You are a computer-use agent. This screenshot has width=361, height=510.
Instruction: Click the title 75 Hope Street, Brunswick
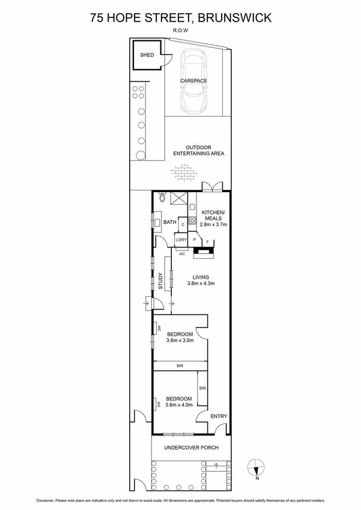click(180, 17)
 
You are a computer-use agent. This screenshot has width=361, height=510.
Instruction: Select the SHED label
click(147, 55)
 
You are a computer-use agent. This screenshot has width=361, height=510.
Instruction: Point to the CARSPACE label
click(193, 80)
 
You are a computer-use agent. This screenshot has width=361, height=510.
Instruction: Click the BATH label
click(169, 223)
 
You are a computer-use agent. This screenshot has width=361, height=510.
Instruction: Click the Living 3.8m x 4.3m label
click(201, 280)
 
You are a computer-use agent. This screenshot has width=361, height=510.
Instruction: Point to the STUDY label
click(161, 282)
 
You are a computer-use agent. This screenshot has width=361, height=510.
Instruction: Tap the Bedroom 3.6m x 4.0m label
click(180, 402)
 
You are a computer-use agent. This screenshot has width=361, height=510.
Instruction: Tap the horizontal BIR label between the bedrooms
click(180, 365)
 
